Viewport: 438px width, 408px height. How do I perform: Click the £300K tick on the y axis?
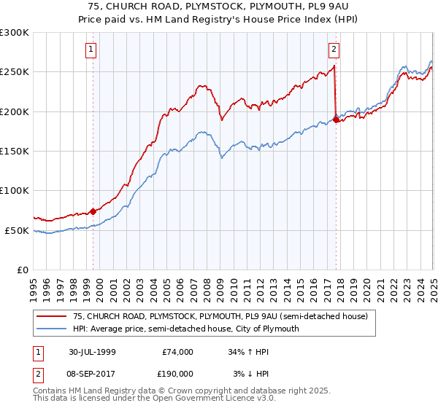click(15, 33)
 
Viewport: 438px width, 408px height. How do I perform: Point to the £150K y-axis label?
click(15, 152)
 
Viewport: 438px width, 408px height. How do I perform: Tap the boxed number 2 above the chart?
click(334, 50)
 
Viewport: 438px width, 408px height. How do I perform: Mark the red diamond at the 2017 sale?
click(336, 119)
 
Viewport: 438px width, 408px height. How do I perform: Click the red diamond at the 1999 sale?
click(93, 211)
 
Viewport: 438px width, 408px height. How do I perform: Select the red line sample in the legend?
click(52, 317)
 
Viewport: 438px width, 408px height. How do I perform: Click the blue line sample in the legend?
click(52, 329)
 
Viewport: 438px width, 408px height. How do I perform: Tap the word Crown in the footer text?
click(172, 392)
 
